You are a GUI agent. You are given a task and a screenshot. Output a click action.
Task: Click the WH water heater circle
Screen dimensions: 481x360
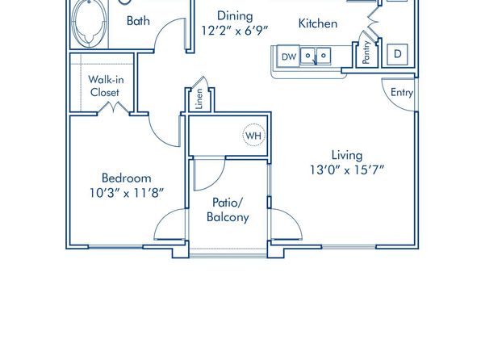click(253, 135)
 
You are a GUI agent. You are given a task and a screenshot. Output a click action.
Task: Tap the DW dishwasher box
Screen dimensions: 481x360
click(288, 57)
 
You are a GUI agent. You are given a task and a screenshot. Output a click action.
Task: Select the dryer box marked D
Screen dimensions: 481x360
click(397, 54)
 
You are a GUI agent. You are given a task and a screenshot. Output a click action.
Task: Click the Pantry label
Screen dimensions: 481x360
click(366, 52)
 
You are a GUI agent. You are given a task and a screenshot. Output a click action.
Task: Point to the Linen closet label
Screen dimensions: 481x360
click(199, 98)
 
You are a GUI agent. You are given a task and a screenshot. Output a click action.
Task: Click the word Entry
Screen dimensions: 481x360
click(402, 92)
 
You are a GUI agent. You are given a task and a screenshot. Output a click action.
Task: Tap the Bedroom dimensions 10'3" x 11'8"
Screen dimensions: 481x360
click(127, 193)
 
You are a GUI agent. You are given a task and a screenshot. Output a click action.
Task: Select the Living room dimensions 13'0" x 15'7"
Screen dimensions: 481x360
click(347, 170)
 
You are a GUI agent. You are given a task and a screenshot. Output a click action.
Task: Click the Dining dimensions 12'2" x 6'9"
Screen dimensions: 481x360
click(235, 31)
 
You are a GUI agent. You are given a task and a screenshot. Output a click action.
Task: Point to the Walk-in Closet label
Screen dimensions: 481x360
click(105, 86)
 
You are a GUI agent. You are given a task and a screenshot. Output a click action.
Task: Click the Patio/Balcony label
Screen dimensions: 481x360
click(228, 210)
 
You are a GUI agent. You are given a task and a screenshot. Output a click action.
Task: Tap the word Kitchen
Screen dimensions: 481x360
click(318, 23)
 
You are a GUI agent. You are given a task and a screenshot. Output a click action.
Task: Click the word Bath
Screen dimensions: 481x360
click(138, 21)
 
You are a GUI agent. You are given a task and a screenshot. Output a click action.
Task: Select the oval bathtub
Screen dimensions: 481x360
click(90, 23)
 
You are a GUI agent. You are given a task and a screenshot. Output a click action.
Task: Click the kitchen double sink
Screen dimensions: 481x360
click(316, 57)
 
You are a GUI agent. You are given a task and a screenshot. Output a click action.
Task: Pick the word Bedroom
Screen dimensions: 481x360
click(127, 178)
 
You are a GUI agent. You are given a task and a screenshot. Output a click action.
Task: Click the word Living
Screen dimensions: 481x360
click(347, 155)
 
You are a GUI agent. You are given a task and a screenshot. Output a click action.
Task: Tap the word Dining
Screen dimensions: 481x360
click(235, 16)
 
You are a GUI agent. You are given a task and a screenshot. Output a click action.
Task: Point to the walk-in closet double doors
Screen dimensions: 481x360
click(113, 107)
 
